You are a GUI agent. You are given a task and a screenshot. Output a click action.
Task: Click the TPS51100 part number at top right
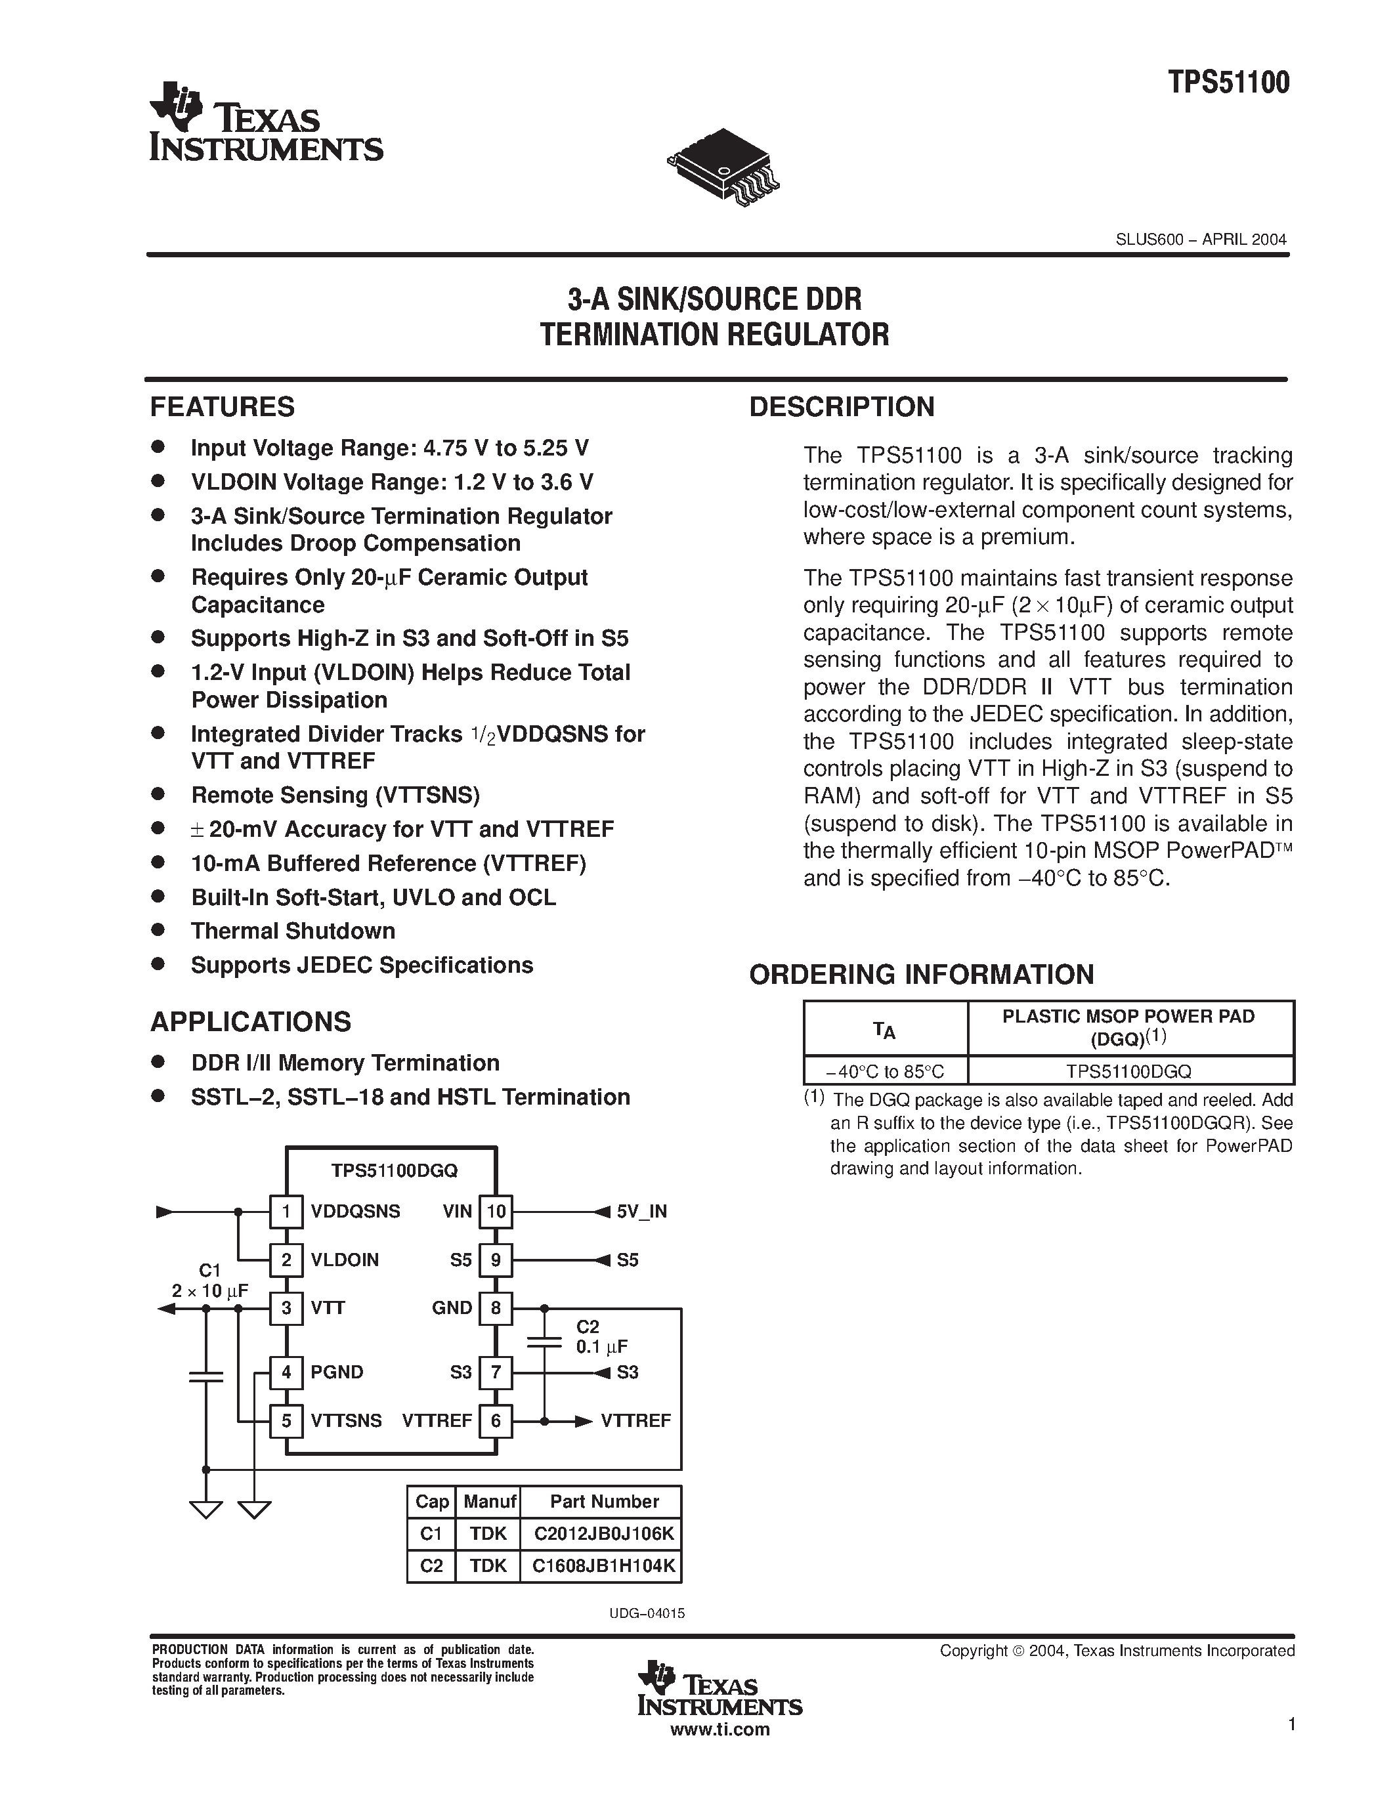tap(1228, 83)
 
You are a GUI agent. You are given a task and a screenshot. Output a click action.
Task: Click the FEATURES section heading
tap(223, 407)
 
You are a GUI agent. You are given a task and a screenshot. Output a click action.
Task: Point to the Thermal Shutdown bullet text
tap(293, 931)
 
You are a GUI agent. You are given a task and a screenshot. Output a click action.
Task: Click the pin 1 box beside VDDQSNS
tap(286, 1212)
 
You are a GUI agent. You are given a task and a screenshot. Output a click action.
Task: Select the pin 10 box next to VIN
tap(496, 1212)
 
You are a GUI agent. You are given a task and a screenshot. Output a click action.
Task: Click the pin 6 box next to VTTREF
tap(496, 1420)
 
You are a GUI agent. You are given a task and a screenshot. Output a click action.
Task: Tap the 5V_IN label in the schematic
tap(641, 1212)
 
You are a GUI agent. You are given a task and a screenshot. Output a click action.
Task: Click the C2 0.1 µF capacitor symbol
tap(544, 1342)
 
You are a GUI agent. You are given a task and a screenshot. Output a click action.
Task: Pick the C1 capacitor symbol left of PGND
tap(205, 1376)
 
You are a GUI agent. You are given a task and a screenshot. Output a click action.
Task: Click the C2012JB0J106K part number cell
tap(603, 1534)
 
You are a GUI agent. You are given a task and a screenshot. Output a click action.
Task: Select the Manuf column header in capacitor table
tap(489, 1502)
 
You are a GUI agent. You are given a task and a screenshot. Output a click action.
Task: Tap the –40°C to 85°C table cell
tap(884, 1071)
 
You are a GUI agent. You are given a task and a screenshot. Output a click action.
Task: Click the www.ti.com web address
tap(719, 1729)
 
